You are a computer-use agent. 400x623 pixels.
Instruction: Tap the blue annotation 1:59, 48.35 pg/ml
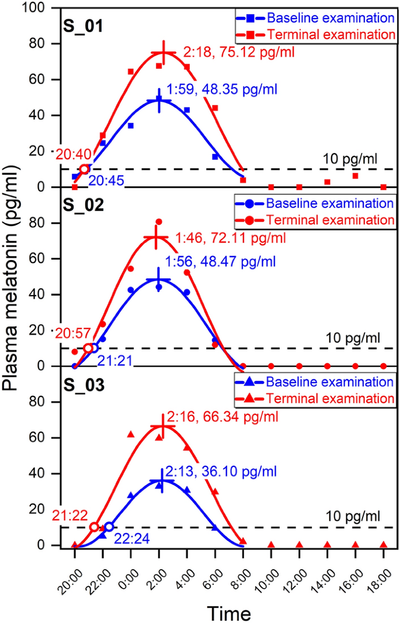point(221,90)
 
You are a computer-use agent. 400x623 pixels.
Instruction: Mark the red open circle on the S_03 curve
point(95,527)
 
